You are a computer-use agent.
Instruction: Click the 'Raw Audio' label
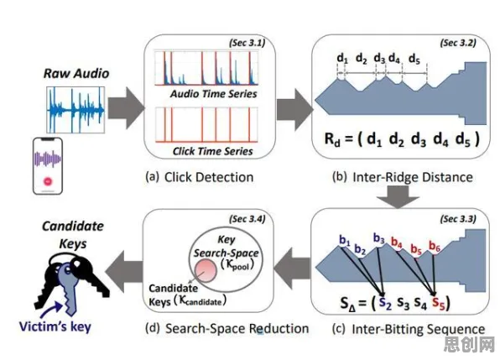point(76,73)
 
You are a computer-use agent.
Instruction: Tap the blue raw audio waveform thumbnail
point(76,110)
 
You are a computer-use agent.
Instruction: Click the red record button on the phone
point(48,181)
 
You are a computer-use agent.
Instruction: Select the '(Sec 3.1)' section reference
point(247,43)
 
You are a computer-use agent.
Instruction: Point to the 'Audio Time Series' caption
point(213,94)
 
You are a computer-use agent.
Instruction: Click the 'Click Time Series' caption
point(213,151)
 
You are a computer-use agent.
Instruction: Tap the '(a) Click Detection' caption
point(200,177)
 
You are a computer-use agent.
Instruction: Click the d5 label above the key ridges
point(414,59)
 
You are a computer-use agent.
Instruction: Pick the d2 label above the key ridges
point(362,59)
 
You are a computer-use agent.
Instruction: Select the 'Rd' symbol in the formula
point(332,139)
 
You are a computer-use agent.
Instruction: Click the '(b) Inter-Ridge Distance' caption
point(403,177)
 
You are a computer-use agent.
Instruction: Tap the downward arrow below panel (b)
point(398,196)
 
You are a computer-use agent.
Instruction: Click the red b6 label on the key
point(435,246)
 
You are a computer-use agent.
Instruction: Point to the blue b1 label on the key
point(345,240)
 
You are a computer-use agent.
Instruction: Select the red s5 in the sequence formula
point(438,302)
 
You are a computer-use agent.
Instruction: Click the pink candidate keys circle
point(206,270)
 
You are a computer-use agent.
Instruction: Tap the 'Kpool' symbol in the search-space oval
point(237,264)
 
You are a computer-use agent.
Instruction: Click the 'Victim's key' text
point(55,326)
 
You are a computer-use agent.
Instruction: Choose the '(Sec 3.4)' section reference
point(247,219)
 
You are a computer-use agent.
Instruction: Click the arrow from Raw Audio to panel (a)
point(127,108)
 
